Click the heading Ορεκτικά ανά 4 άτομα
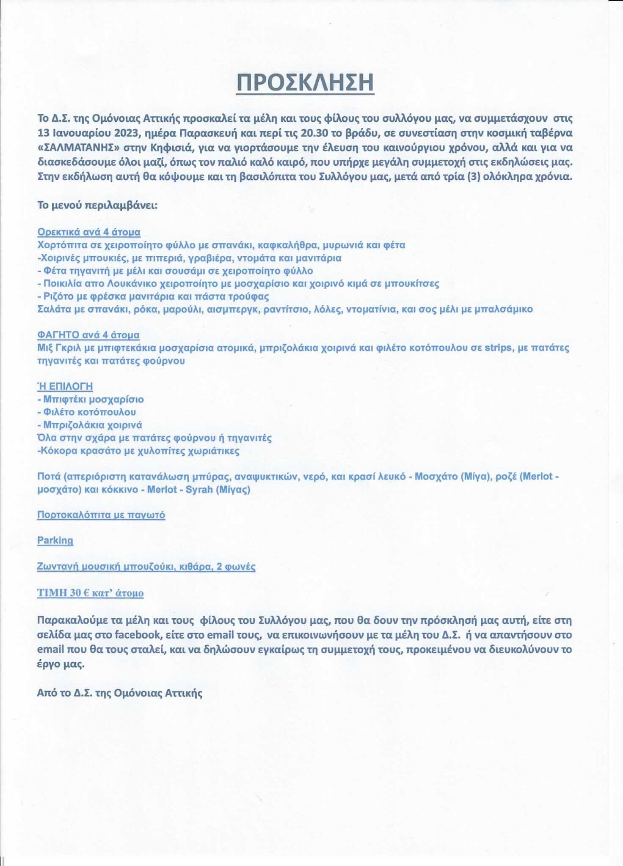tap(89, 232)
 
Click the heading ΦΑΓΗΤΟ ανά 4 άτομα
tap(88, 335)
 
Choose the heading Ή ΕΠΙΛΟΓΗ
tap(65, 386)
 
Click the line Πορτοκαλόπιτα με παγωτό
tap(101, 515)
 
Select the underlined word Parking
tap(55, 540)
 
